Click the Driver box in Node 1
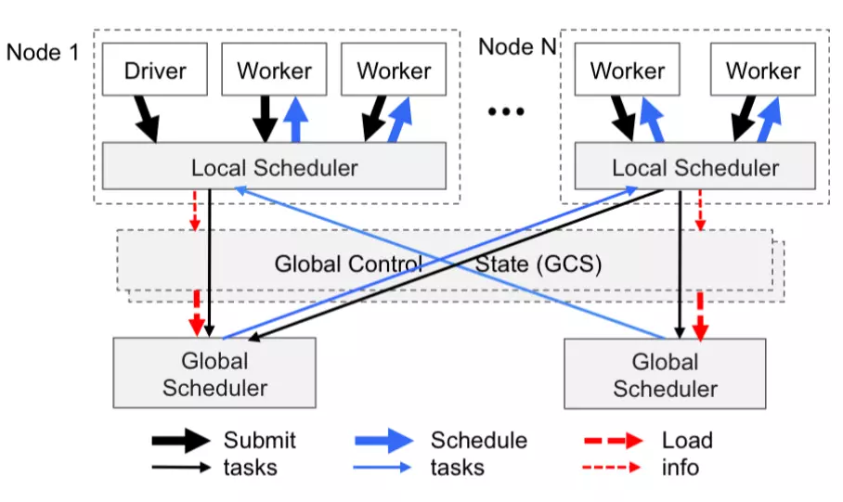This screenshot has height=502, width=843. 155,71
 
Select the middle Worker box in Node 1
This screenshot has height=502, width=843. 274,71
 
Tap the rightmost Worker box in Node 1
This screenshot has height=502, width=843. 394,71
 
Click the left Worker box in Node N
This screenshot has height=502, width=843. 628,71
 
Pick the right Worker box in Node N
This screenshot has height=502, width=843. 762,71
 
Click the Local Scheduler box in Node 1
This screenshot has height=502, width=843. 274,168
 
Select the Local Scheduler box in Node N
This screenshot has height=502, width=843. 694,168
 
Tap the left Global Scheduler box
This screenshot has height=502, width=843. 214,373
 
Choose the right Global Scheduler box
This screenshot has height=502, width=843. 665,374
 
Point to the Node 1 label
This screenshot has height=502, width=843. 43,51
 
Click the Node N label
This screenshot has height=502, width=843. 516,46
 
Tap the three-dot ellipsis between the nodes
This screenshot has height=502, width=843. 506,112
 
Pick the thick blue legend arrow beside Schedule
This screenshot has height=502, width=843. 383,441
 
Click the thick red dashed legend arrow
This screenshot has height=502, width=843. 613,441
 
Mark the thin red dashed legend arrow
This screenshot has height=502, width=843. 613,467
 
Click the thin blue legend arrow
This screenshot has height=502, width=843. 383,467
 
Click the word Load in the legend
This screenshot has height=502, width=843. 687,440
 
